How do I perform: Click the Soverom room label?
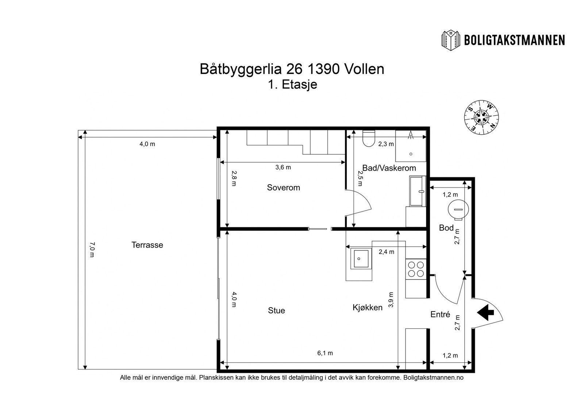coord(283,188)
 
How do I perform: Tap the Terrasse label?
coord(147,245)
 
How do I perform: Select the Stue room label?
coord(276,310)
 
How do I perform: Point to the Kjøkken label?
coord(367,308)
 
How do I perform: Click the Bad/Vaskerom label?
coord(389,168)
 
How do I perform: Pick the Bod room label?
coord(446,228)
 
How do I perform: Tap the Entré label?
coord(440,314)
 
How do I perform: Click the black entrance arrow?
coord(485,312)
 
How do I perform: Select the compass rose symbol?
coord(481,117)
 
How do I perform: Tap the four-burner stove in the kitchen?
coord(416,269)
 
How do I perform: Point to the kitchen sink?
coord(361,259)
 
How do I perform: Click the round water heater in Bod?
coord(458,209)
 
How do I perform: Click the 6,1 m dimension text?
coord(325,353)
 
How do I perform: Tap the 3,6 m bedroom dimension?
coord(283,167)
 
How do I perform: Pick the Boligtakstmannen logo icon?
coord(451,40)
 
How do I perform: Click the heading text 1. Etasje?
coord(292,85)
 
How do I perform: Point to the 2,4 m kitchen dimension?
coord(386,252)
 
